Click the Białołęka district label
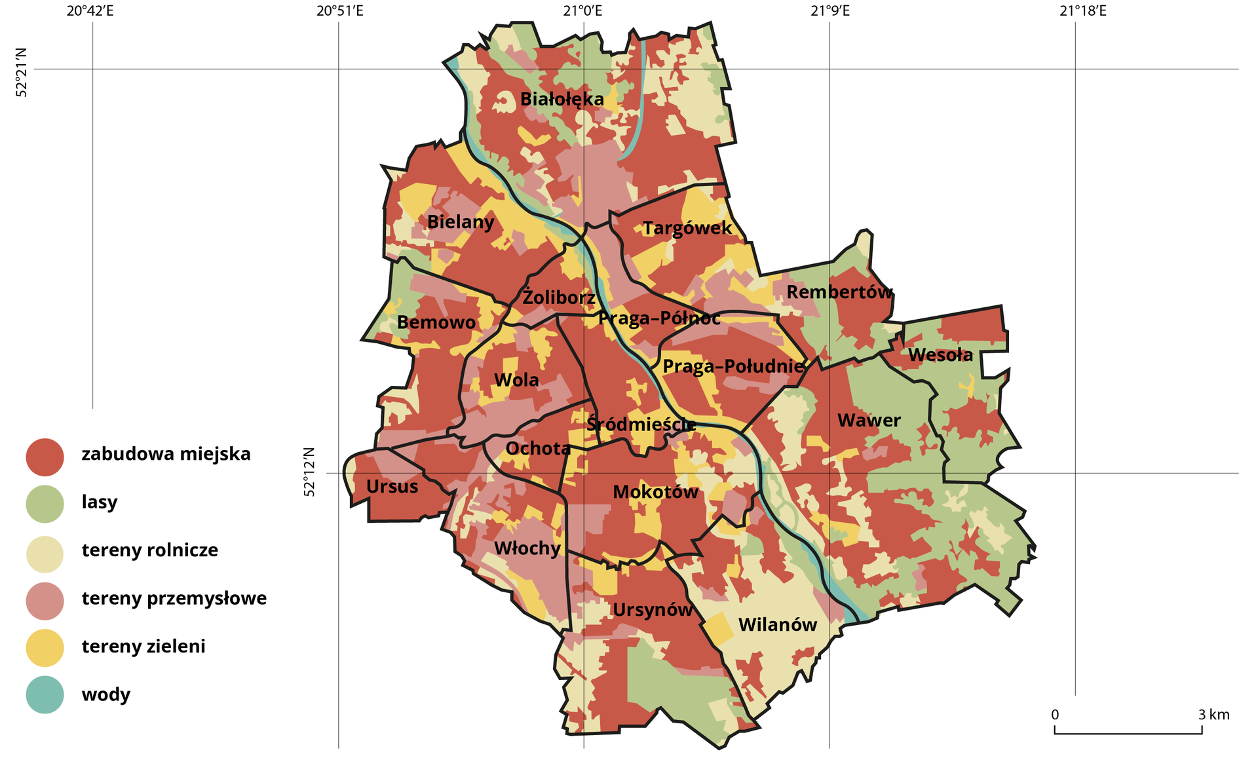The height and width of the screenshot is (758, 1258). (562, 100)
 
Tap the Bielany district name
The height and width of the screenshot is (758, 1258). (461, 222)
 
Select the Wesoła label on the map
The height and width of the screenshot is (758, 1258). (940, 355)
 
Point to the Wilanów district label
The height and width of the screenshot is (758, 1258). (778, 625)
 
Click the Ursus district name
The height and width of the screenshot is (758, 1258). (392, 487)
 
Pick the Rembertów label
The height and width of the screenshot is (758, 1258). (839, 292)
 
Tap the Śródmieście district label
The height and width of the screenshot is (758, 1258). (640, 424)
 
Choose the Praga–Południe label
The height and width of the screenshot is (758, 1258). (733, 366)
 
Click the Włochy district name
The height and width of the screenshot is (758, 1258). (527, 548)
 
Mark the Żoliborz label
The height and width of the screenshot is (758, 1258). (558, 298)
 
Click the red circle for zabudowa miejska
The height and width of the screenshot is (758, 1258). (45, 457)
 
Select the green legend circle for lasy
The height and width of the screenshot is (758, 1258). (45, 504)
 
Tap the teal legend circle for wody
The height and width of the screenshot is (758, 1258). (45, 695)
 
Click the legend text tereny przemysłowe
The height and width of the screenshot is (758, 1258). (174, 598)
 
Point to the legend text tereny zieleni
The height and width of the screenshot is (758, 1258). (143, 647)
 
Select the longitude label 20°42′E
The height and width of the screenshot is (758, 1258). (90, 10)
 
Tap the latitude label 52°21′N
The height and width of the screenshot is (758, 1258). (22, 72)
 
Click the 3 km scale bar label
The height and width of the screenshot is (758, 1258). (1213, 715)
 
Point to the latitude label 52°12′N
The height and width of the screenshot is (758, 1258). (309, 472)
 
